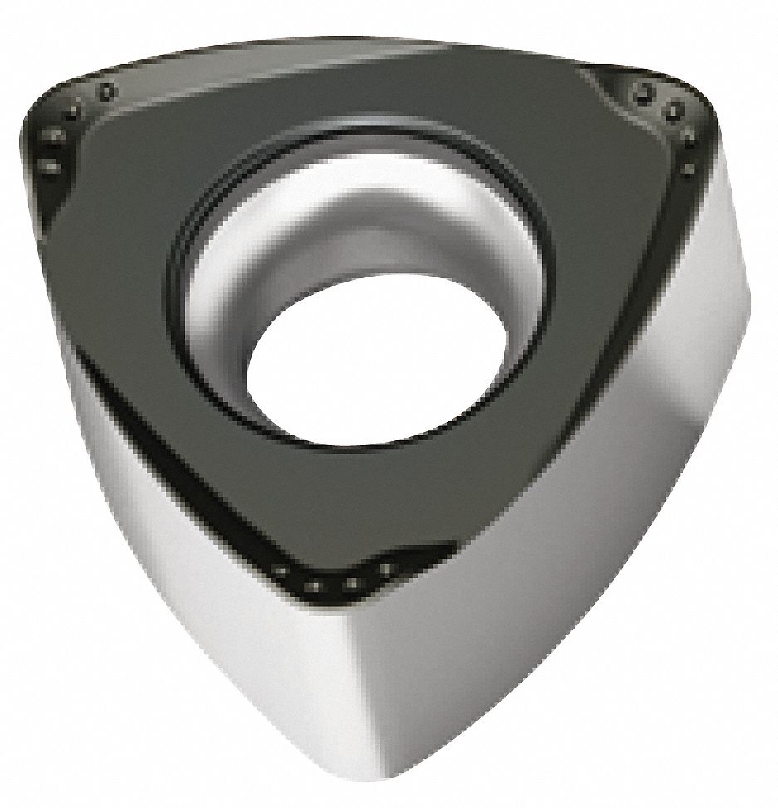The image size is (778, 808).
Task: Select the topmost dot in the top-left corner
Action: [105, 91]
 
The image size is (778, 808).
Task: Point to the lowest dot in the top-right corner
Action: [688, 169]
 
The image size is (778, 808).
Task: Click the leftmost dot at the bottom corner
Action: [281, 570]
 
